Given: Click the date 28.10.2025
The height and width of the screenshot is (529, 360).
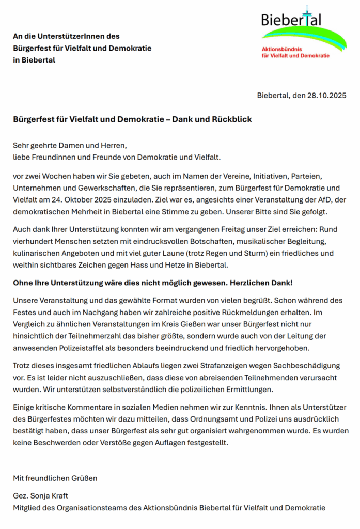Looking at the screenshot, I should (326, 96).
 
